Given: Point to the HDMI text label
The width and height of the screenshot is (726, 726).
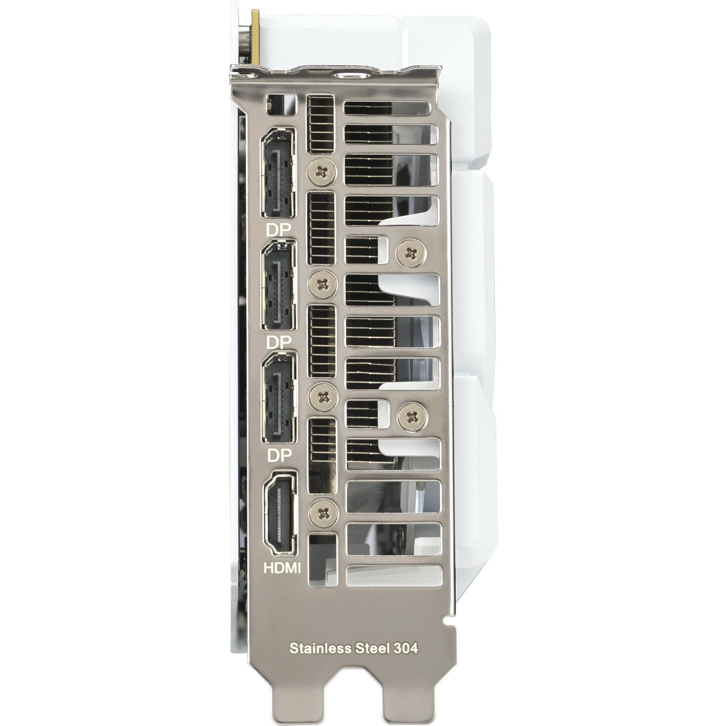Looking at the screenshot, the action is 282,579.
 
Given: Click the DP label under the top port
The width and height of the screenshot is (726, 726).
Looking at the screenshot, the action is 278,230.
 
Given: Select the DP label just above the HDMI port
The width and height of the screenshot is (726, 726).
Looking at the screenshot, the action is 278,456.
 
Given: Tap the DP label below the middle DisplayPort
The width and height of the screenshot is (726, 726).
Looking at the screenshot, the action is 278,342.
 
